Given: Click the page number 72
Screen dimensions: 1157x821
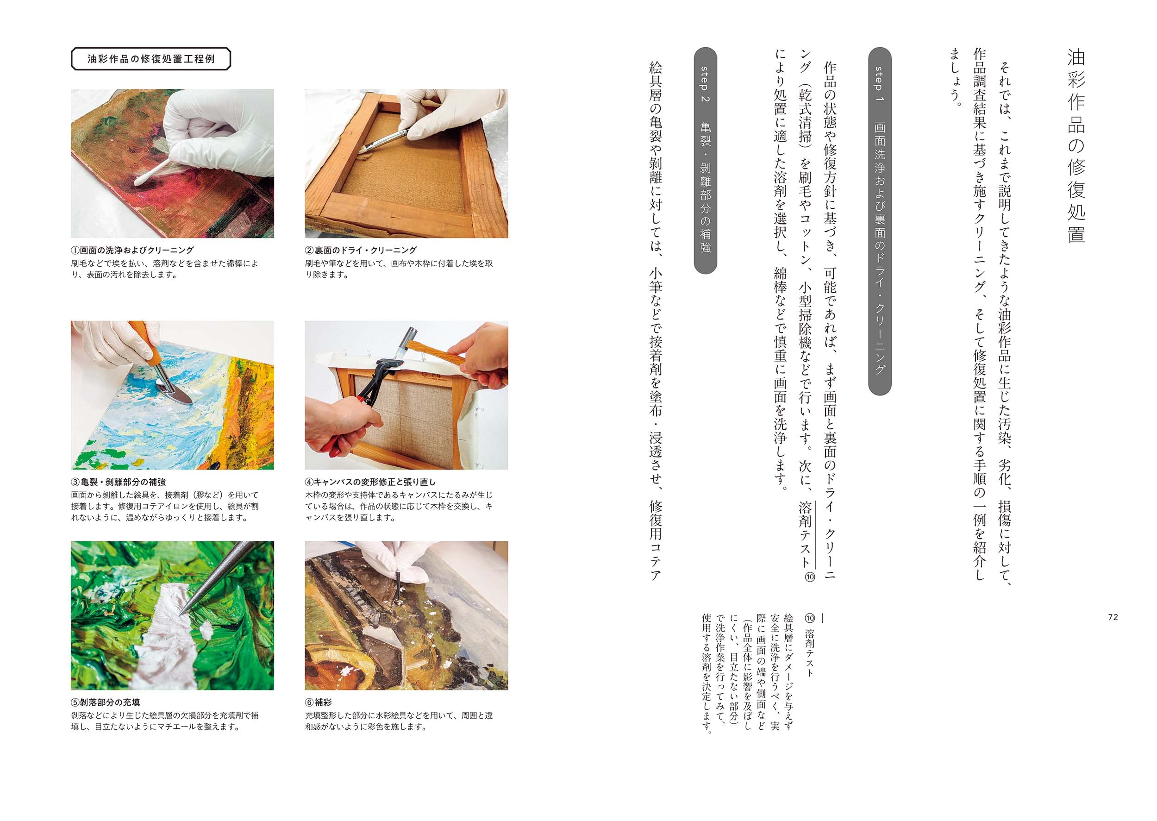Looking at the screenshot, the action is tap(1113, 617).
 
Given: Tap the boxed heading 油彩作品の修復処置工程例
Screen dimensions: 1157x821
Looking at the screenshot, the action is tap(151, 59).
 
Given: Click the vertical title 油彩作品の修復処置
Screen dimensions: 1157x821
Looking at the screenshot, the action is tap(1076, 146).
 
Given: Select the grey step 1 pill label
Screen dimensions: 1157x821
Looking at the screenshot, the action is tap(880, 221).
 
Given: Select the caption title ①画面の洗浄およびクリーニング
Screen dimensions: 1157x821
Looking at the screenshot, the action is tap(132, 250).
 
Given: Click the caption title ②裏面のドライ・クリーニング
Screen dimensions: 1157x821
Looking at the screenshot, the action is tap(361, 250).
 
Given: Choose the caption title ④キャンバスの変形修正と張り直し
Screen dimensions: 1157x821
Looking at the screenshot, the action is tap(370, 483).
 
